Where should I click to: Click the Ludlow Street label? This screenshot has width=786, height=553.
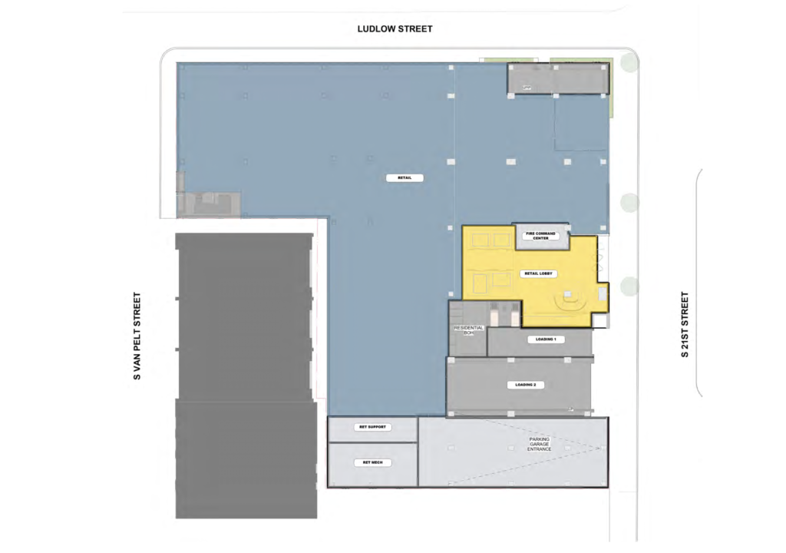pos(395,29)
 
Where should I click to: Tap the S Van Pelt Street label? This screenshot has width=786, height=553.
pos(139,336)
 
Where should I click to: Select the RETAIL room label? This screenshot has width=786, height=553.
pos(405,178)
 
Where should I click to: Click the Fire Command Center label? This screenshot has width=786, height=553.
pos(540,236)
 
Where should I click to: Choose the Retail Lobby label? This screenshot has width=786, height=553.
pos(537,273)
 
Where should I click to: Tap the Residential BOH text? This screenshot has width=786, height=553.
pos(468,332)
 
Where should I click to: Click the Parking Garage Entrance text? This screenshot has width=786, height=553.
pos(539,443)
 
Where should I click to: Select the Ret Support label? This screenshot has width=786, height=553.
pos(372,427)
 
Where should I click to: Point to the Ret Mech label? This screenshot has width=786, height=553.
pos(372,462)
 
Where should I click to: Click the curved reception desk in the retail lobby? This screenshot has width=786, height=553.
pos(570,303)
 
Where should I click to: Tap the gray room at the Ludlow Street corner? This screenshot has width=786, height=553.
pos(557,78)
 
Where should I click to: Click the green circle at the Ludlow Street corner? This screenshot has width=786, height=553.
pos(629,62)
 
